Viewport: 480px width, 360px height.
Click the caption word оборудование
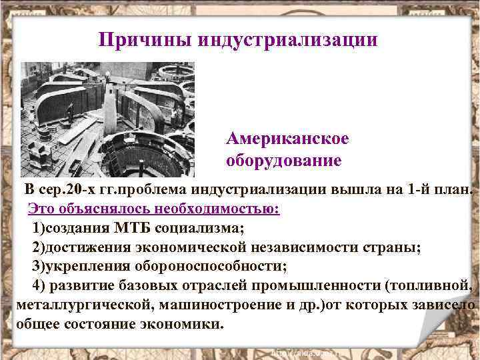click(284, 161)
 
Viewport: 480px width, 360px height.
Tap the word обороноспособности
click(209, 267)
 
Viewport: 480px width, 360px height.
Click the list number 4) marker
click(39, 286)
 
